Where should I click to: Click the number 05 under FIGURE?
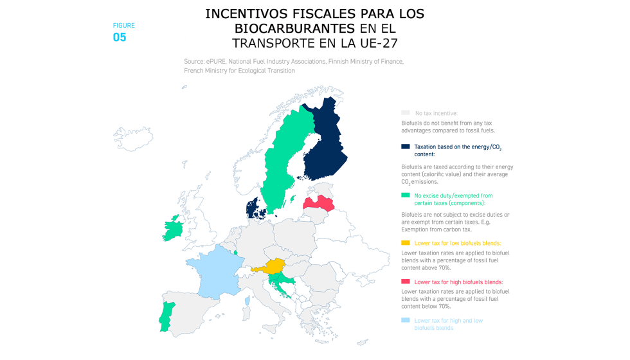tap(120, 37)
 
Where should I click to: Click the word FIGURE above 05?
tap(124, 26)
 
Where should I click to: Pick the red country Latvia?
tap(319, 204)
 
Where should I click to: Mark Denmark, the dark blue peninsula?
tap(254, 208)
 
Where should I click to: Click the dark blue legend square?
tap(405, 147)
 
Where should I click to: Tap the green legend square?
tap(405, 195)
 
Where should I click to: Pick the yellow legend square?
tap(405, 243)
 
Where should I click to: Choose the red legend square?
tap(405, 282)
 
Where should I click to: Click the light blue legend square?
tap(405, 320)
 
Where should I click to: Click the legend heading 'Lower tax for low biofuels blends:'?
tap(457, 243)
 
